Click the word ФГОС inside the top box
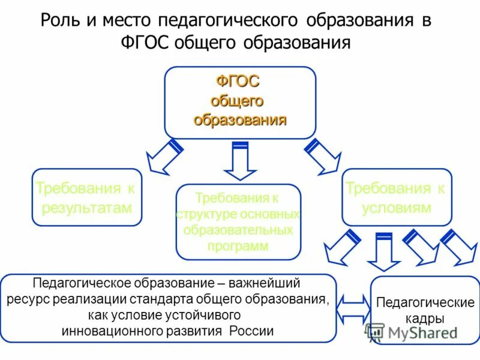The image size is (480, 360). click(x=238, y=82)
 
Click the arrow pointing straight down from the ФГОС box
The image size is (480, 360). click(x=240, y=160)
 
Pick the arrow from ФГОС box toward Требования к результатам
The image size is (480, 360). click(x=163, y=157)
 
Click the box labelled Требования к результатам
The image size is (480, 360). click(x=86, y=197)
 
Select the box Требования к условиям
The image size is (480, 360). click(x=396, y=197)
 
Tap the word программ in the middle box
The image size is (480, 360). click(x=238, y=245)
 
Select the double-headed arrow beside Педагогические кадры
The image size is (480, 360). click(x=354, y=308)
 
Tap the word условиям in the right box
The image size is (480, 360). click(x=396, y=208)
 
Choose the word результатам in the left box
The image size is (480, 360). click(x=86, y=208)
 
